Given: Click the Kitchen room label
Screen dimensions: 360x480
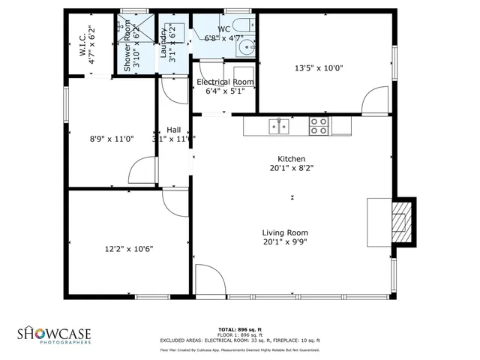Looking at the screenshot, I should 291,159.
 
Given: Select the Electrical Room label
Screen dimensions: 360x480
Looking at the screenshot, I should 225,82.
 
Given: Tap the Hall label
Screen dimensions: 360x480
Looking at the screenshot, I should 174,129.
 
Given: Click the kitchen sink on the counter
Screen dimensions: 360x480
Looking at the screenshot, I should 279,127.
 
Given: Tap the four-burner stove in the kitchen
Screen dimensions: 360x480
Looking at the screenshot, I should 319,126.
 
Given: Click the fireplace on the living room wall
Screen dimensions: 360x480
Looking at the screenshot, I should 403,221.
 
